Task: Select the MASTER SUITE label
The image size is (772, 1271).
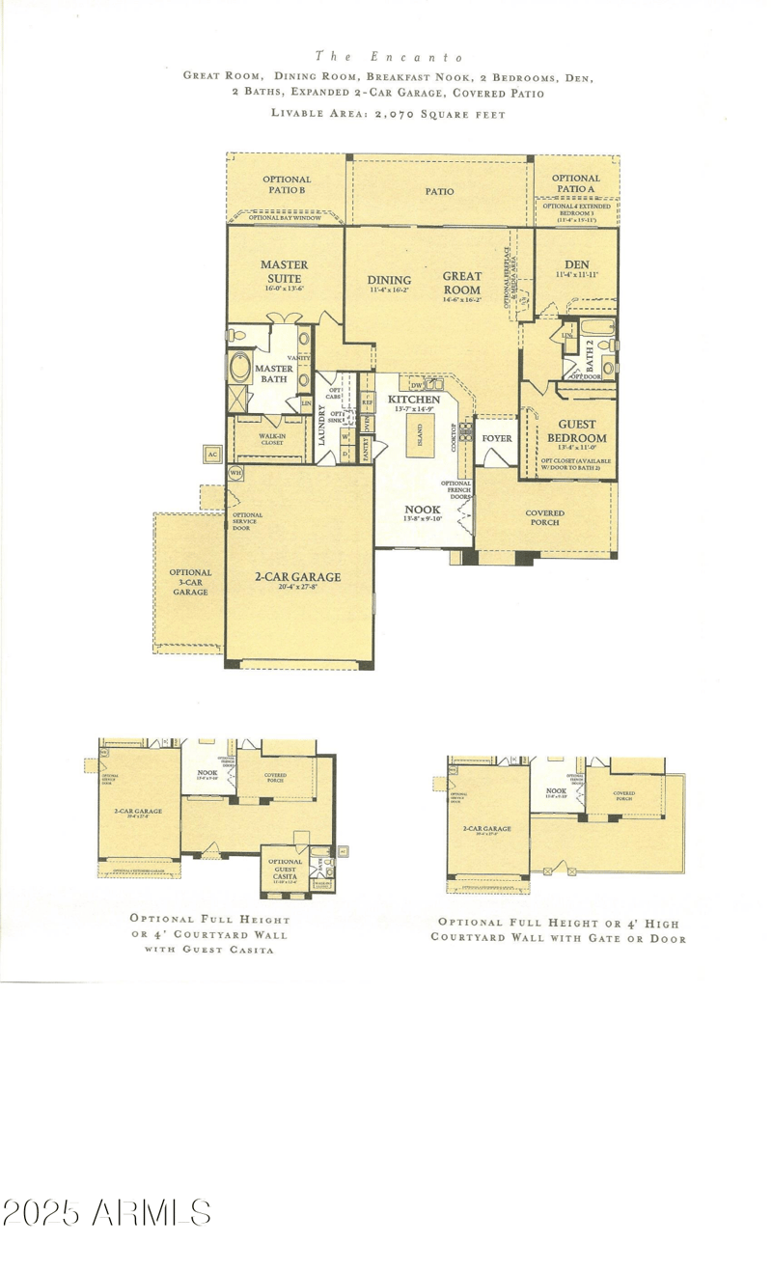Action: click(285, 271)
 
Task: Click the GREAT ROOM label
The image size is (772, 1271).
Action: click(462, 283)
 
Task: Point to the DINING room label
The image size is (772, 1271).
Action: click(389, 281)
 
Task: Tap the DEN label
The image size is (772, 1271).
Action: click(576, 264)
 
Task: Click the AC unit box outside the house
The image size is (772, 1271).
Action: click(211, 453)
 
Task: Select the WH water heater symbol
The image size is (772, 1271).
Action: click(234, 472)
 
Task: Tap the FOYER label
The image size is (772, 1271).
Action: click(497, 438)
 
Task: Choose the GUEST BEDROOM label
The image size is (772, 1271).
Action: click(576, 430)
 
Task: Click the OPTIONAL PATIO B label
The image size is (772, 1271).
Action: click(287, 184)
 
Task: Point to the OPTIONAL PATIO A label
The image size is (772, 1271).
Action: click(576, 183)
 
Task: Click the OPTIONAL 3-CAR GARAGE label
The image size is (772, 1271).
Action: click(190, 582)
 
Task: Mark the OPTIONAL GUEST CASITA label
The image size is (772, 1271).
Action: click(285, 867)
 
